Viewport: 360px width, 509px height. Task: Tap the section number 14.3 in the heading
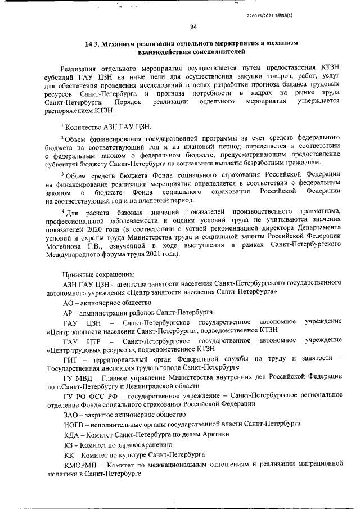93,43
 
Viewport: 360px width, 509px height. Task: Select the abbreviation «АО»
70,302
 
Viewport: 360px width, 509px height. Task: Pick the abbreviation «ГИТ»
71,358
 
